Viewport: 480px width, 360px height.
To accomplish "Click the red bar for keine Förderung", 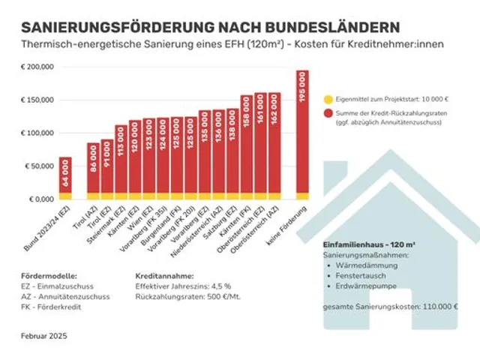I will pyautogui.click(x=301, y=135).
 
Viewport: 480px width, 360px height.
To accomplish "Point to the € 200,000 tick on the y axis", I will pyautogui.click(x=37, y=67).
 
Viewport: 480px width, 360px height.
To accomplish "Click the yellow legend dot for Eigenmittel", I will pyautogui.click(x=329, y=99).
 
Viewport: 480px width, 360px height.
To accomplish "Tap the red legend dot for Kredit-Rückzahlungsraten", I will pyautogui.click(x=329, y=112).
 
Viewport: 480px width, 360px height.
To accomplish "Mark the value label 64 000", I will pyautogui.click(x=66, y=178).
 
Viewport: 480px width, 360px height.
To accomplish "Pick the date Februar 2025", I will pyautogui.click(x=44, y=337).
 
